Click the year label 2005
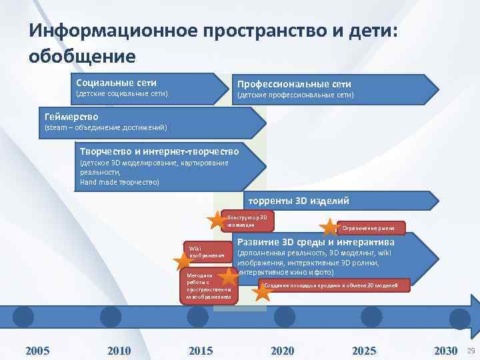[x=37, y=351]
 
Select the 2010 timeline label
[x=119, y=351]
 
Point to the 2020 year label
[x=283, y=351]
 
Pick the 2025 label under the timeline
[x=364, y=351]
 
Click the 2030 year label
[x=445, y=351]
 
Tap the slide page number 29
[x=471, y=351]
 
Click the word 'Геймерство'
[x=71, y=117]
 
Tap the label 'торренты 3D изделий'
[x=298, y=201]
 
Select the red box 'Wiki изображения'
[x=208, y=251]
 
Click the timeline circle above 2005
[x=23, y=316]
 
